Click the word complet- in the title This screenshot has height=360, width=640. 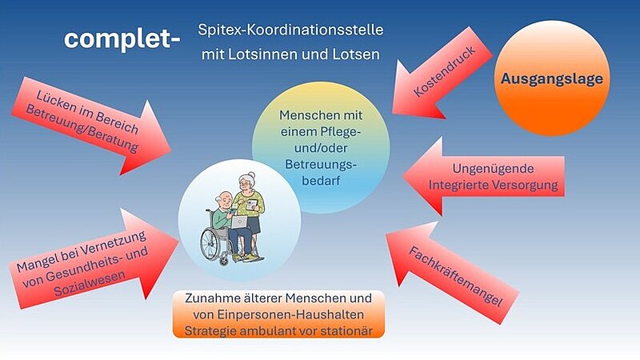122,39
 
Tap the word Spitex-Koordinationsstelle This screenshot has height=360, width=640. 290,30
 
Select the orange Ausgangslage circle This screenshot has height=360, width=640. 552,78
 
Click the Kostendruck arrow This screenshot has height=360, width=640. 442,73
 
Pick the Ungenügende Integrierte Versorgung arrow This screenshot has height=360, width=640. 484,176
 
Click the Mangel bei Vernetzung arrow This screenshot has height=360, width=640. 94,258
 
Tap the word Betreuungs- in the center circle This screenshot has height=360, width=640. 321,165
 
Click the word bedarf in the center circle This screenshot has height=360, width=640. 321,181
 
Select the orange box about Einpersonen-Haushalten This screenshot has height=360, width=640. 278,314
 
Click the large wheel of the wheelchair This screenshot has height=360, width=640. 213,244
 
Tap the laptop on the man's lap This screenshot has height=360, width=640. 239,222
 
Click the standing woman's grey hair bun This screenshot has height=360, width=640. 251,175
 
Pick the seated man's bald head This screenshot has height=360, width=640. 224,198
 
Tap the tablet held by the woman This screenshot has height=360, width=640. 252,204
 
